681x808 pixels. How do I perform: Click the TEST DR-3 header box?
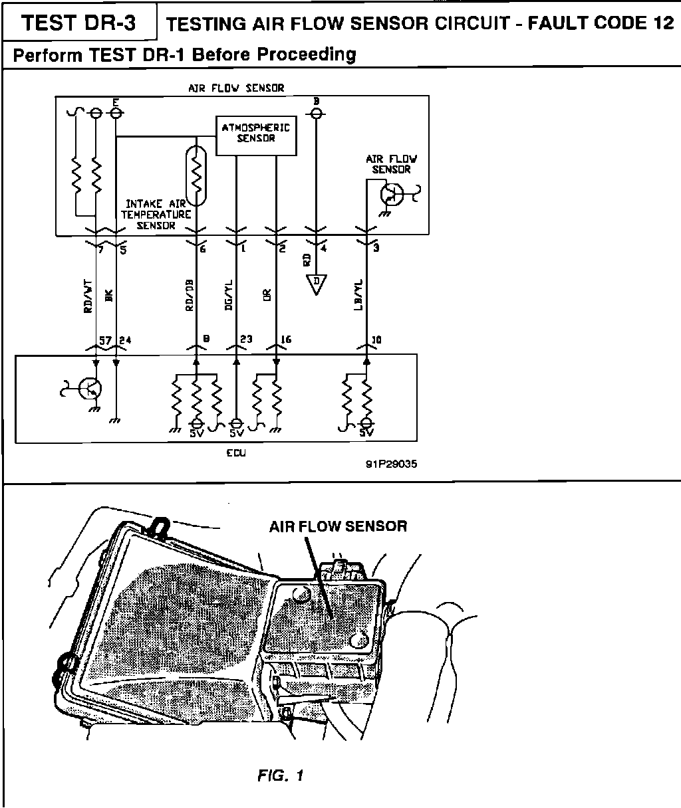click(79, 23)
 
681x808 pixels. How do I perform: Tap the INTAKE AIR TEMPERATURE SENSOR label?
click(157, 215)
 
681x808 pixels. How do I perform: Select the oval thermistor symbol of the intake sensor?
click(197, 174)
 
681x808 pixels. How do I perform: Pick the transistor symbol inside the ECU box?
click(88, 389)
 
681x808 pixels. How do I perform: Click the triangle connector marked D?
click(317, 284)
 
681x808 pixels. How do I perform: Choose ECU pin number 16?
click(286, 340)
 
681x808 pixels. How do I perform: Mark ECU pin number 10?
click(376, 340)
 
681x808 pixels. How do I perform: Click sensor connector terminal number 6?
click(203, 249)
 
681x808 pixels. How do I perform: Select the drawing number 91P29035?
click(391, 464)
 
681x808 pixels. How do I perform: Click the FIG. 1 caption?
click(281, 775)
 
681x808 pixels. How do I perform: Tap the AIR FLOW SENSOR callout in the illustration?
click(338, 526)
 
